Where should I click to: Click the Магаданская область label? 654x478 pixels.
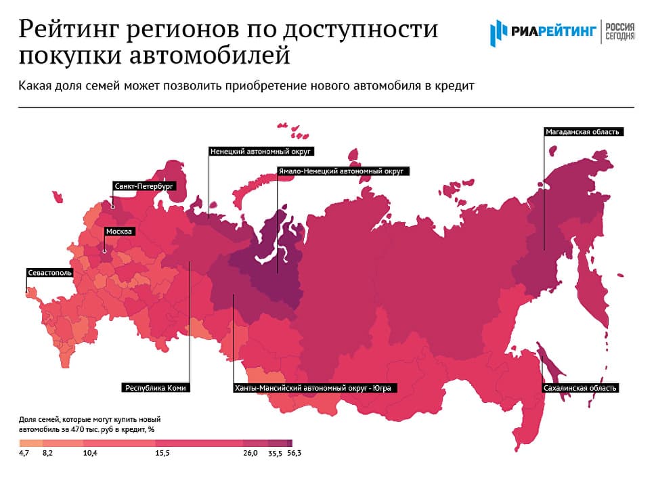[583, 131]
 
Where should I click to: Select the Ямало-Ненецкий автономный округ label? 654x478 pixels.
[341, 172]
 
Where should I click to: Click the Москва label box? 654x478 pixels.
[120, 232]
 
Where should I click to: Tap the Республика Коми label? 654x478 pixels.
[156, 389]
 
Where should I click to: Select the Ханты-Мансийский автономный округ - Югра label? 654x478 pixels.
[314, 389]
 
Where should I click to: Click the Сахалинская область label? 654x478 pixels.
[580, 389]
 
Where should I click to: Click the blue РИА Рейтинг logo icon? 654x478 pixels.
[498, 30]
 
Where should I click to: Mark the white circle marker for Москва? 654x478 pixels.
[104, 251]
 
